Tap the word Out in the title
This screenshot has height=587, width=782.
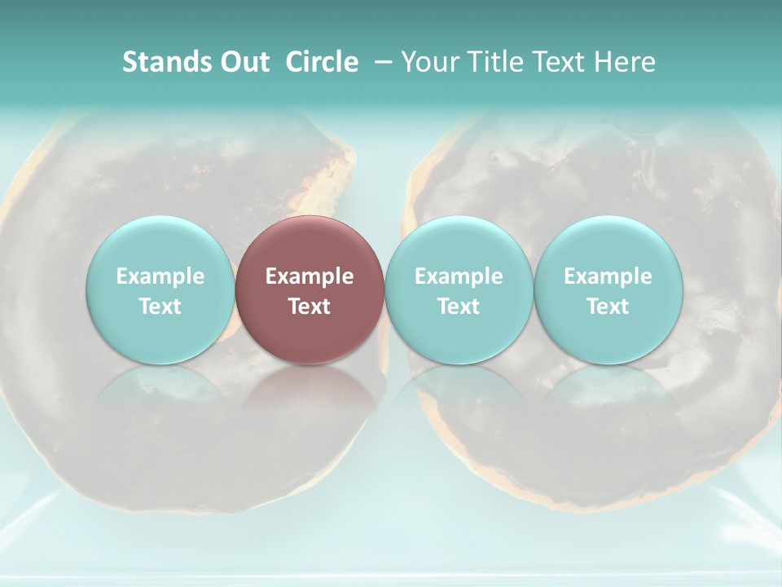point(243,62)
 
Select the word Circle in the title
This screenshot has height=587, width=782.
point(322,62)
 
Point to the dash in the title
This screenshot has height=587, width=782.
point(380,63)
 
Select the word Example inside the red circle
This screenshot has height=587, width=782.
point(310,276)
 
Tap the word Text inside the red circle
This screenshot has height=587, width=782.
point(310,307)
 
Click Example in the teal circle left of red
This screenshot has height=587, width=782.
point(160,276)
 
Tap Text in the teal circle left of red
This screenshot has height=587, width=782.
point(160,307)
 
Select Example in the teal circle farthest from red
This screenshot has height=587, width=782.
point(608,276)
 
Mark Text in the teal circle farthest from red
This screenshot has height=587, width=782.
point(608,307)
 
